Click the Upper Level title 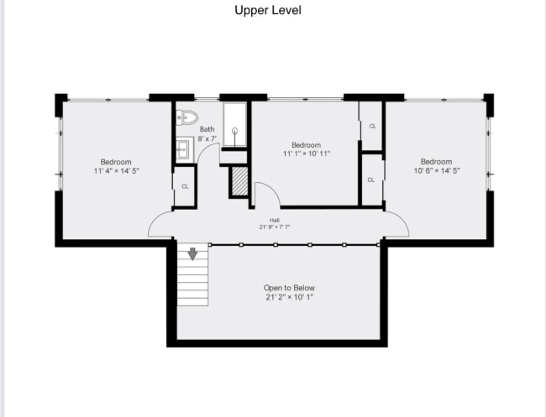point(266,11)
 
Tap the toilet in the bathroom point(186,117)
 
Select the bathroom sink point(184,150)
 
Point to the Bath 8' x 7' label point(207,133)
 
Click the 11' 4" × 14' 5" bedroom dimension point(116,170)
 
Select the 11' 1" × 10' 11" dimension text point(307,154)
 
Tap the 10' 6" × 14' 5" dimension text point(436,170)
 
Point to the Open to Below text point(290,288)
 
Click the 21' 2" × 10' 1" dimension point(290,297)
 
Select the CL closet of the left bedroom point(185,186)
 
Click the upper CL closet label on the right point(372,126)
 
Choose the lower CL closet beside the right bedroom point(371,180)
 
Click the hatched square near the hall point(239,181)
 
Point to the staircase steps point(192,281)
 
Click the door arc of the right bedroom point(396,223)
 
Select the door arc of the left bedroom point(161,224)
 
